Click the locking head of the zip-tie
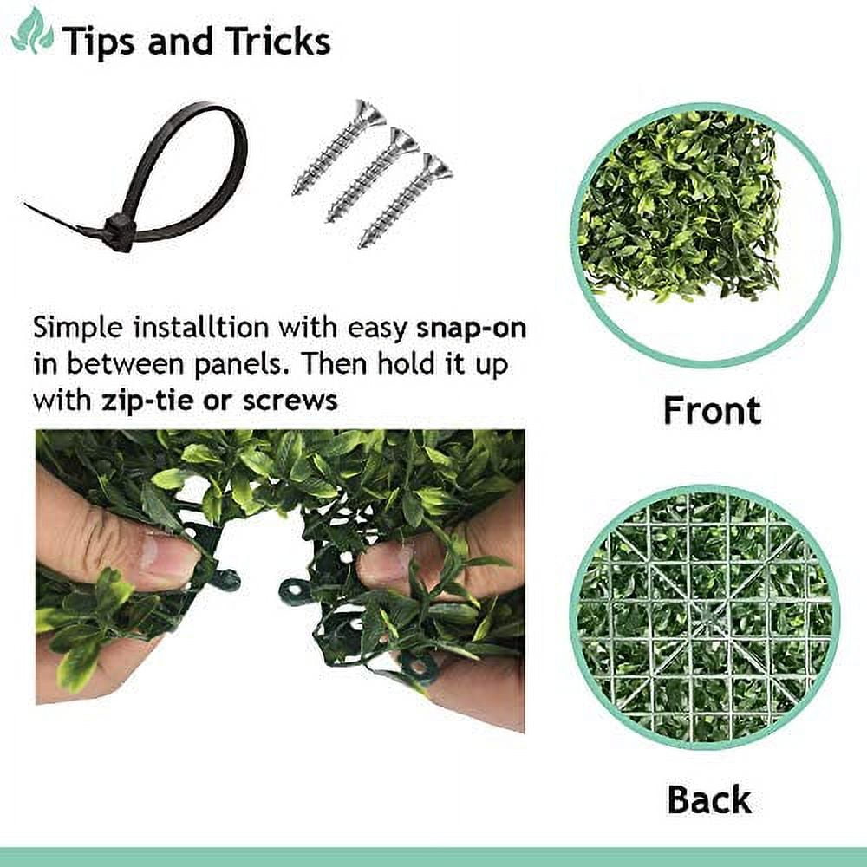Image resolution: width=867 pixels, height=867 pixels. click(117, 233)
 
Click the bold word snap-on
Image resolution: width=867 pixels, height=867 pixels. click(472, 329)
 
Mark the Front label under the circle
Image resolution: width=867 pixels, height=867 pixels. click(712, 410)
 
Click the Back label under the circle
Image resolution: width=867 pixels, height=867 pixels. click(708, 799)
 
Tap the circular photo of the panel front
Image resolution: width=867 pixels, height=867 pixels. click(705, 232)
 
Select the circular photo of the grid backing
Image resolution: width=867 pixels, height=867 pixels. click(705, 616)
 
